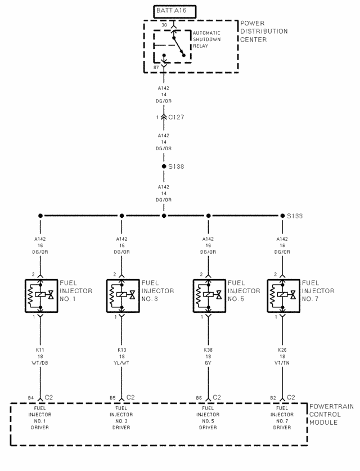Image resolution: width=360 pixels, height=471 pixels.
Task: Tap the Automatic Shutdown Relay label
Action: (x=206, y=39)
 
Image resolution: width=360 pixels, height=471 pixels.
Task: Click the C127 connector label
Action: (x=176, y=118)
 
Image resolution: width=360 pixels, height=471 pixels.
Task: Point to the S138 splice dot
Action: (x=164, y=167)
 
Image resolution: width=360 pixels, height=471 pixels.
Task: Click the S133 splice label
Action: (x=295, y=216)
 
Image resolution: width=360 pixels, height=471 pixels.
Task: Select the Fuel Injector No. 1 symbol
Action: (x=41, y=295)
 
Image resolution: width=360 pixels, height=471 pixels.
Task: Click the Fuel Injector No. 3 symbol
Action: (x=122, y=295)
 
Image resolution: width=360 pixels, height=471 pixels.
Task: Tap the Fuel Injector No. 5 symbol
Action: (x=209, y=295)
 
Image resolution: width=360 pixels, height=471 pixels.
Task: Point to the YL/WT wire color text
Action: (x=121, y=364)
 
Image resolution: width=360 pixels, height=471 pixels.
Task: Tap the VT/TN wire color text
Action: (x=282, y=364)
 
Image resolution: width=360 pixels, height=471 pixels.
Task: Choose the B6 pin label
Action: (x=199, y=398)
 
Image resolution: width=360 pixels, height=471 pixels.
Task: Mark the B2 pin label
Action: (x=273, y=398)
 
